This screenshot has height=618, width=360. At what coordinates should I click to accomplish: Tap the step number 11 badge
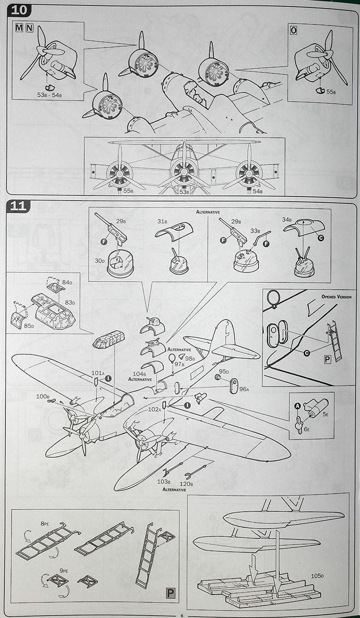pyautogui.click(x=18, y=207)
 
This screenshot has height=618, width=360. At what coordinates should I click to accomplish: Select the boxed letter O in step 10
pyautogui.click(x=294, y=30)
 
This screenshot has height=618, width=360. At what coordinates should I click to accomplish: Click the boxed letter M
pyautogui.click(x=19, y=28)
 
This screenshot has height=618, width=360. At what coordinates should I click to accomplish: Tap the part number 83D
pyautogui.click(x=69, y=302)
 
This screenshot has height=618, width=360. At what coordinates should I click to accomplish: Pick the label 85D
pyautogui.click(x=29, y=325)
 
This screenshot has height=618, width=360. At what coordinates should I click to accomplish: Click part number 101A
pyautogui.click(x=97, y=372)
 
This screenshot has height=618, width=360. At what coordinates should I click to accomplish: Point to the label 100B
pyautogui.click(x=43, y=397)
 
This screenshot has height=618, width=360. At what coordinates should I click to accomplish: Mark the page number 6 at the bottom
pyautogui.click(x=181, y=614)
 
